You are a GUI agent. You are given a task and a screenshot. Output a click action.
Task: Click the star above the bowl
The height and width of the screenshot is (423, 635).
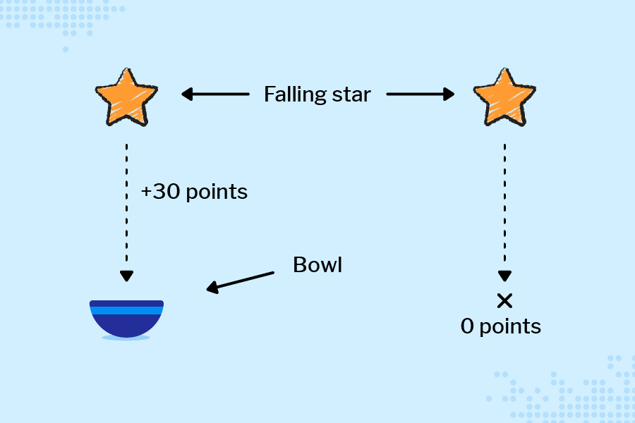[126, 97]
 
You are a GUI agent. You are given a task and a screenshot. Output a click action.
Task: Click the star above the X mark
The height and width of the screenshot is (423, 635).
[504, 97]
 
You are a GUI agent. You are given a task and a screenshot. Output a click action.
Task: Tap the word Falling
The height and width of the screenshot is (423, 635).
[294, 94]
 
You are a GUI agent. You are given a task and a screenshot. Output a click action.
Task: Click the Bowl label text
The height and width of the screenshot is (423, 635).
[317, 265]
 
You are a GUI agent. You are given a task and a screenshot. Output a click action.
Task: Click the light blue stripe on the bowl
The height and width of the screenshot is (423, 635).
[127, 310]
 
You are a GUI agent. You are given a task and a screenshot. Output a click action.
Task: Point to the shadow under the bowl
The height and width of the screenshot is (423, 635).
[126, 338]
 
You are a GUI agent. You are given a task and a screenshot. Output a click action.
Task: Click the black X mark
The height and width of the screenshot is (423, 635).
[504, 301]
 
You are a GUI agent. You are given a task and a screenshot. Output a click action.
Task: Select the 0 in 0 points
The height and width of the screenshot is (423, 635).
[468, 326]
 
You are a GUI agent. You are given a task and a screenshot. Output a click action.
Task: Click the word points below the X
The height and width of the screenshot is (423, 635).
[510, 326]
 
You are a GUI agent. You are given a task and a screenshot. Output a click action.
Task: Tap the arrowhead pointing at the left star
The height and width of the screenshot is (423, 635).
[187, 94]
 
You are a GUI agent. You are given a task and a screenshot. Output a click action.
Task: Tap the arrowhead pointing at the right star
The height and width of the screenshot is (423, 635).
[449, 94]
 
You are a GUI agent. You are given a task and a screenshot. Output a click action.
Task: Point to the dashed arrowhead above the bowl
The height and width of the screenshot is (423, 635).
[126, 276]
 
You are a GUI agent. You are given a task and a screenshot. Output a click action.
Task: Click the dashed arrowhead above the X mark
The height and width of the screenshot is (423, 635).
[504, 276]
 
